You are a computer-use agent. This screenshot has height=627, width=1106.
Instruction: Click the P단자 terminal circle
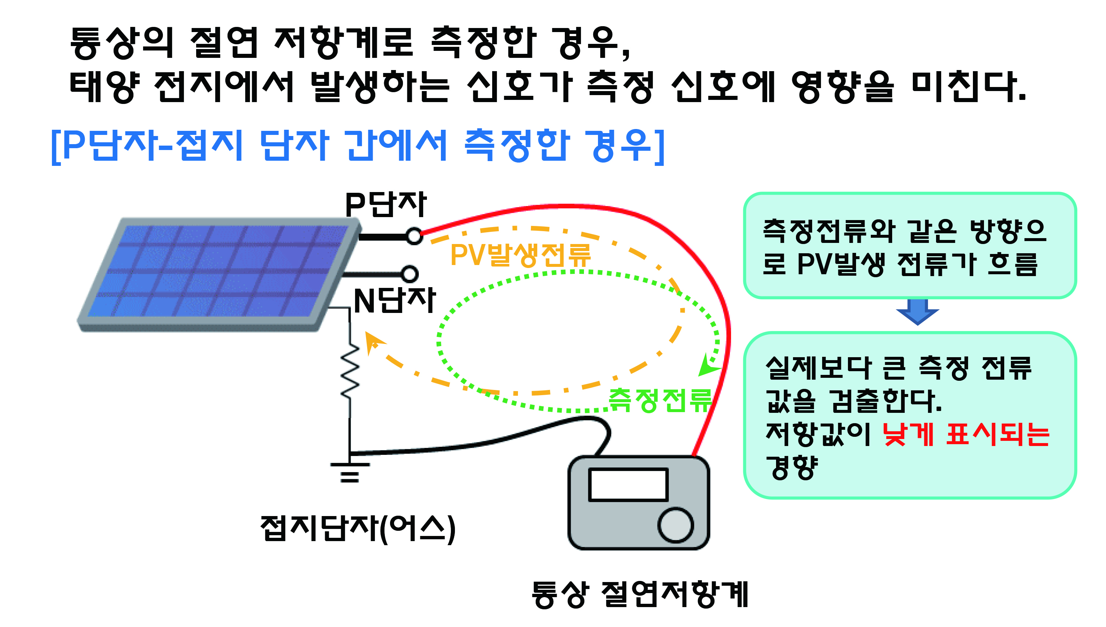pyautogui.click(x=414, y=236)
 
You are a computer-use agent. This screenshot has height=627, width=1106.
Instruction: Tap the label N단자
pyautogui.click(x=394, y=300)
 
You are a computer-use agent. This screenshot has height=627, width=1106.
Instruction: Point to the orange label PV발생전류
pyautogui.click(x=520, y=255)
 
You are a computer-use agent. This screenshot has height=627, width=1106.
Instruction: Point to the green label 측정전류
pyautogui.click(x=660, y=400)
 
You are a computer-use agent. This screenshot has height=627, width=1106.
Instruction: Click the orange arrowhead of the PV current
pyautogui.click(x=374, y=342)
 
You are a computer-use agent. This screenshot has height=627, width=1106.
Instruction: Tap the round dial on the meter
pyautogui.click(x=675, y=525)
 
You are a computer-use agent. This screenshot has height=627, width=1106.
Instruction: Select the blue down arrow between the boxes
pyautogui.click(x=917, y=312)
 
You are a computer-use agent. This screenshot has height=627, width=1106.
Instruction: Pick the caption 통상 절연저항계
pyautogui.click(x=640, y=594)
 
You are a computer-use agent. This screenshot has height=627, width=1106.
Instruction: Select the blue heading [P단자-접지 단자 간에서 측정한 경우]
pyautogui.click(x=358, y=146)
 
